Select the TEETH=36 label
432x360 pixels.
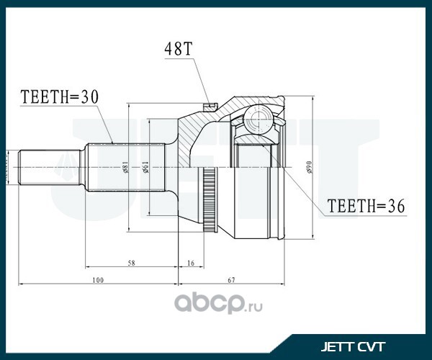pyautogui.click(x=366, y=206)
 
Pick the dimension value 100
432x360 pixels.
pyautogui.click(x=98, y=280)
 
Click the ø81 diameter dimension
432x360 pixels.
pyautogui.click(x=125, y=168)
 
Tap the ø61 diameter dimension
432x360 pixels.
pyautogui.click(x=145, y=168)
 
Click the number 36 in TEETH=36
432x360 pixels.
pyautogui.click(x=396, y=206)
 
